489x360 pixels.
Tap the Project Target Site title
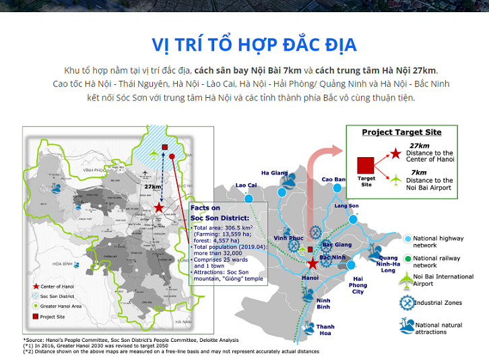pyautogui.click(x=401, y=132)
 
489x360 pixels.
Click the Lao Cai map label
pyautogui.click(x=247, y=185)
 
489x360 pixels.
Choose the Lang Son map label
pyautogui.click(x=346, y=206)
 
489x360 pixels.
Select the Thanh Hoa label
pyautogui.click(x=326, y=329)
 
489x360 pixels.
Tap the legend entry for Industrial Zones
pyautogui.click(x=437, y=303)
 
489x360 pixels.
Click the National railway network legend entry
pyautogui.click(x=437, y=261)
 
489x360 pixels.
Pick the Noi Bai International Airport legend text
pyautogui.click(x=443, y=280)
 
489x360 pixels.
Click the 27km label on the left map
pyautogui.click(x=153, y=186)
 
